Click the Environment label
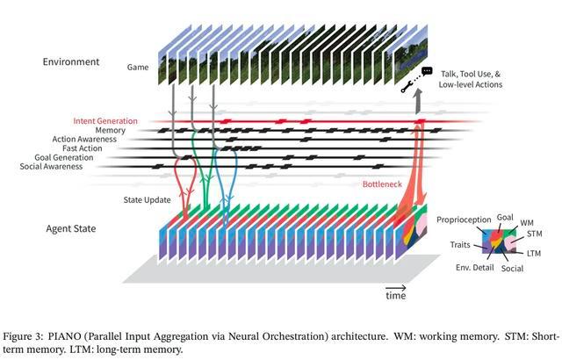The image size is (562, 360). tap(71, 61)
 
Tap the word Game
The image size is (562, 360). tap(138, 67)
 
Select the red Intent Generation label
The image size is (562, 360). tap(105, 121)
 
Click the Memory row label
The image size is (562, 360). tap(111, 130)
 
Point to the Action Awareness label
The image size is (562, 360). tap(84, 140)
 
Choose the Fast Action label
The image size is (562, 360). tap(83, 148)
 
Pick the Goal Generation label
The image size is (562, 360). tap(64, 158)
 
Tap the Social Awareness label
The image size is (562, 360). tap(51, 167)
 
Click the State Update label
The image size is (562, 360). tap(147, 200)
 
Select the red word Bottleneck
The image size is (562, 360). tap(382, 184)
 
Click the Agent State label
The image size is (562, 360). tap(71, 228)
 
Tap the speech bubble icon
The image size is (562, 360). tap(427, 71)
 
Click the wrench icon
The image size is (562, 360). tap(406, 87)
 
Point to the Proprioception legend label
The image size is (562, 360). tap(464, 220)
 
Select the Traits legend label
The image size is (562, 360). tap(460, 245)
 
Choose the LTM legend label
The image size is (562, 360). tap(534, 253)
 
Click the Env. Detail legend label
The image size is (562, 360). tap(475, 268)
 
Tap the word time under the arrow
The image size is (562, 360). tap(396, 296)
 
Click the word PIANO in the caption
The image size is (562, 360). tap(61, 336)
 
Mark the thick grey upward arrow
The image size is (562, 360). tap(418, 102)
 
